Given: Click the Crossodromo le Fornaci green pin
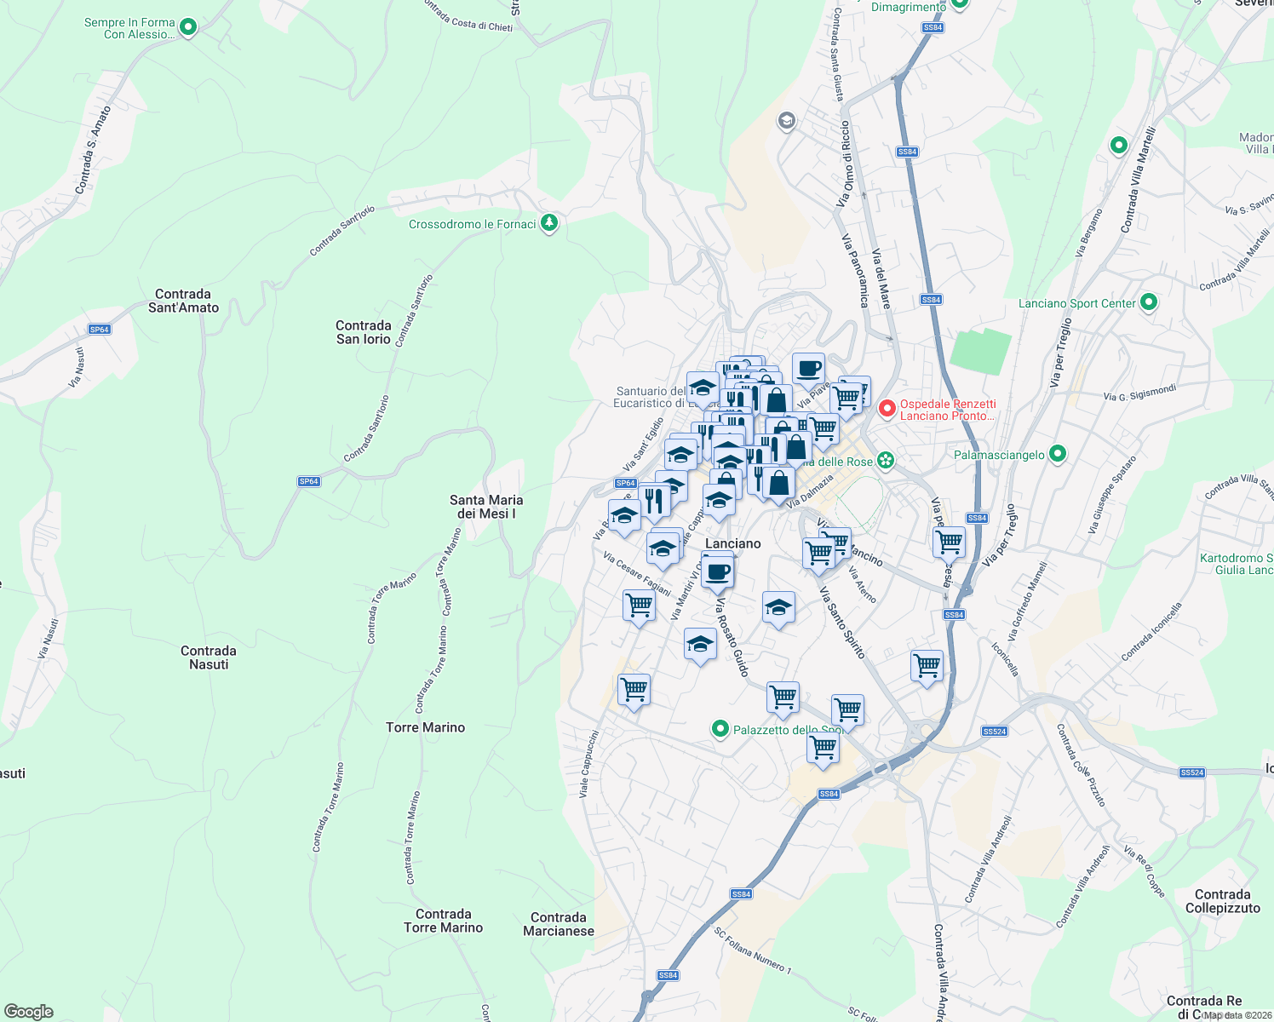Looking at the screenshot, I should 549,224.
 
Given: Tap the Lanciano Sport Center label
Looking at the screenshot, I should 1077,303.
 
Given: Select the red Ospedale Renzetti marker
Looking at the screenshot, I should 887,410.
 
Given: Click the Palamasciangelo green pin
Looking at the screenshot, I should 1057,454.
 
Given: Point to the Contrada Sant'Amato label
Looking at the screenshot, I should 183,301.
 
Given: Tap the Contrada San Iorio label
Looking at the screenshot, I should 364,332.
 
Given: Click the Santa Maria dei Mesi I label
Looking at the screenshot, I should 486,507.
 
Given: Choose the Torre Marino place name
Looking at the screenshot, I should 425,727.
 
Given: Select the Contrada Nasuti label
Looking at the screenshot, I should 209,657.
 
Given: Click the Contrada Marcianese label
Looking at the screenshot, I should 559,924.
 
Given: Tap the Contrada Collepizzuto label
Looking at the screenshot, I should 1222,901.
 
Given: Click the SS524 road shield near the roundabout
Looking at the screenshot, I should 994,732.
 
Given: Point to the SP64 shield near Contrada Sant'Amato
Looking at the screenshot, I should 100,330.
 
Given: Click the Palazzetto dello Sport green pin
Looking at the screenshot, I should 720,729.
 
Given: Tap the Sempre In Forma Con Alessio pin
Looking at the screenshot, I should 188,27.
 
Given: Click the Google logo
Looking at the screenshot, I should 28,1012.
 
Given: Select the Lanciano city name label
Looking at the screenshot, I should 732,543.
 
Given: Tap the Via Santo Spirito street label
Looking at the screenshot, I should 842,622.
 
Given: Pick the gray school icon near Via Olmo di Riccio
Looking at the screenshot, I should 786,121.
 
